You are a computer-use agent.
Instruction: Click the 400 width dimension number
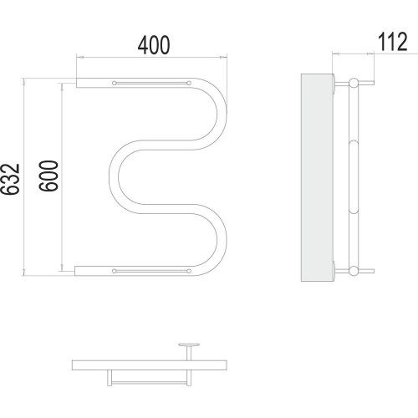154,45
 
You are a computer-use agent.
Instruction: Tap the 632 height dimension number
11,179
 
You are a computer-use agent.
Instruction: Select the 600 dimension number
48,176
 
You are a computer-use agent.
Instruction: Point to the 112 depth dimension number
393,42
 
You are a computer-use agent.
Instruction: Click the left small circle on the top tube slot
115,83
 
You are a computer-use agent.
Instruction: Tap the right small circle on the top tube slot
189,83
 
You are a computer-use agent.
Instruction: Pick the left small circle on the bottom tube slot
115,271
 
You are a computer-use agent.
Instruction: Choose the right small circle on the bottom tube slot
189,271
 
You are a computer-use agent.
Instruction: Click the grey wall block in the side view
318,177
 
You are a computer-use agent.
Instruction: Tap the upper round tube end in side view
354,83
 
